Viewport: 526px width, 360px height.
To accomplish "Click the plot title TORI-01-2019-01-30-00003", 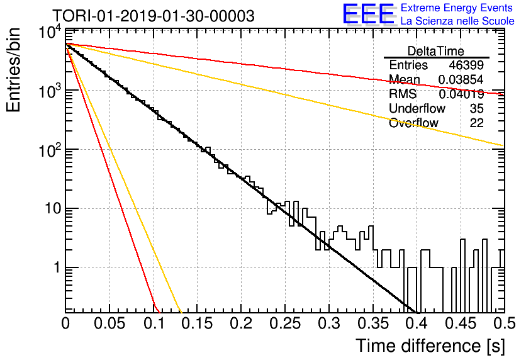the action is click(x=154, y=16).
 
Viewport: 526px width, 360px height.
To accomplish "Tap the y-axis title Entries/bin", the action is click(x=13, y=70).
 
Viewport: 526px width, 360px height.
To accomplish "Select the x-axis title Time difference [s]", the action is click(x=430, y=346).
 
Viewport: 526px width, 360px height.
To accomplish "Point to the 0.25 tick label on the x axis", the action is click(x=285, y=323).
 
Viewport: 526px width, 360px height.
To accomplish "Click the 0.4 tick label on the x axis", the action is click(x=417, y=323).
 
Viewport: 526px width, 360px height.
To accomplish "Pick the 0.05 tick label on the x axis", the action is click(x=109, y=323).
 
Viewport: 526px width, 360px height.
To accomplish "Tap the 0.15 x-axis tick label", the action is click(x=197, y=323).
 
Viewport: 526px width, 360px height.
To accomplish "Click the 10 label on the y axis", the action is click(x=53, y=209).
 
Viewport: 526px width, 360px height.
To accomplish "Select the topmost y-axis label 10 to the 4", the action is click(x=50, y=33).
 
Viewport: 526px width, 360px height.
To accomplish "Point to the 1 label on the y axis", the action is click(x=57, y=267).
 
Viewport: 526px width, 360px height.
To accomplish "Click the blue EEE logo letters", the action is click(x=368, y=14).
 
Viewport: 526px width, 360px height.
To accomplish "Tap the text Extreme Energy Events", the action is click(x=457, y=8).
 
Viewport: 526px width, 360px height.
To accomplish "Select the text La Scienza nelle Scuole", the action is click(x=457, y=21).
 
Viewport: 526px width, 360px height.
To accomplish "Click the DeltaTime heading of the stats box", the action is click(x=436, y=51).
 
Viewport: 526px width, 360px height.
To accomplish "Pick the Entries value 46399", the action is click(x=466, y=65).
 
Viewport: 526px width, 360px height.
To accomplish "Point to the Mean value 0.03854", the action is click(x=461, y=79).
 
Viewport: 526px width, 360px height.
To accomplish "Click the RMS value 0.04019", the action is click(x=461, y=94).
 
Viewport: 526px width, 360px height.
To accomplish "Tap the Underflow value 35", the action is click(x=477, y=108).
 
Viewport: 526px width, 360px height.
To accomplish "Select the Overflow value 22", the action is click(x=477, y=123).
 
